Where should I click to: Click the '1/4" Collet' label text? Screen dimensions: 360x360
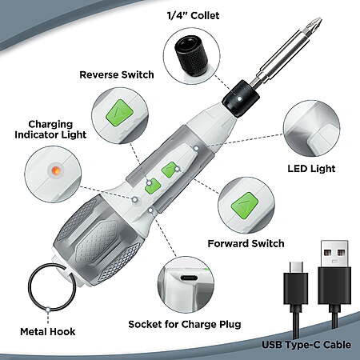click(193, 15)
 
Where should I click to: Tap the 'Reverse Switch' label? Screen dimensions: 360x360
click(117, 74)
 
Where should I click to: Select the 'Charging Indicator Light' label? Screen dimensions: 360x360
click(50, 130)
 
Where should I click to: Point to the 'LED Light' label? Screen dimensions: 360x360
click(311, 169)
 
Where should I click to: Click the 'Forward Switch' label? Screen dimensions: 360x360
click(246, 243)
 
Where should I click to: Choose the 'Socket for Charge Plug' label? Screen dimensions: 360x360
click(185, 325)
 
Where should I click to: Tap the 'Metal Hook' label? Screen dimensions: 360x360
click(48, 332)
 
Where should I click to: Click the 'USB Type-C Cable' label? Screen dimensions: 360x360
click(306, 345)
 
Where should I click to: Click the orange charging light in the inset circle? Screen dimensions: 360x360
click(56, 170)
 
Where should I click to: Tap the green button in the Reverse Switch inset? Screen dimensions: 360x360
click(120, 113)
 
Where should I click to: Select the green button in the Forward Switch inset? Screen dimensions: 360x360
click(245, 206)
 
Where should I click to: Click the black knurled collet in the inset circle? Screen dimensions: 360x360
click(191, 56)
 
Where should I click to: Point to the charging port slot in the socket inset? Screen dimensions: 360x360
click(189, 278)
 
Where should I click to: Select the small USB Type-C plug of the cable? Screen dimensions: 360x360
click(296, 282)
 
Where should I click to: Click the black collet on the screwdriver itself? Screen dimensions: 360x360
click(241, 99)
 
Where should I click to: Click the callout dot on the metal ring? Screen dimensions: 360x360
click(48, 310)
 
